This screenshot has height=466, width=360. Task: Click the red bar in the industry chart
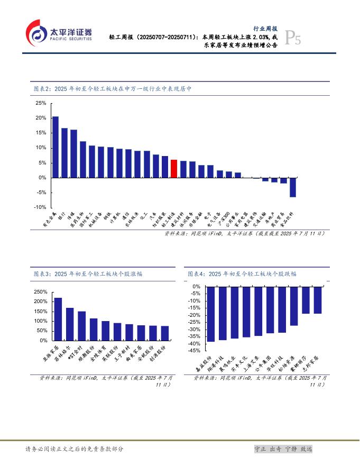(x=174, y=169)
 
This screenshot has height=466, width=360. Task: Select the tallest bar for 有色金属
(x=56, y=147)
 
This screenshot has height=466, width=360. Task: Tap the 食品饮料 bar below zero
(x=293, y=187)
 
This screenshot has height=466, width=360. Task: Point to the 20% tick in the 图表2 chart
(x=41, y=118)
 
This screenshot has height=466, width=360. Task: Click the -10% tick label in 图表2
(x=40, y=208)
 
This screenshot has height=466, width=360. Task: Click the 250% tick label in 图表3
(x=41, y=292)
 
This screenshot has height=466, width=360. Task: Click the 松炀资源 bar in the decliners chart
(x=294, y=306)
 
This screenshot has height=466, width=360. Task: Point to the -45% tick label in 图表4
(x=193, y=351)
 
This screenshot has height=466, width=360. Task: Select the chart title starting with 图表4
(x=242, y=274)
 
